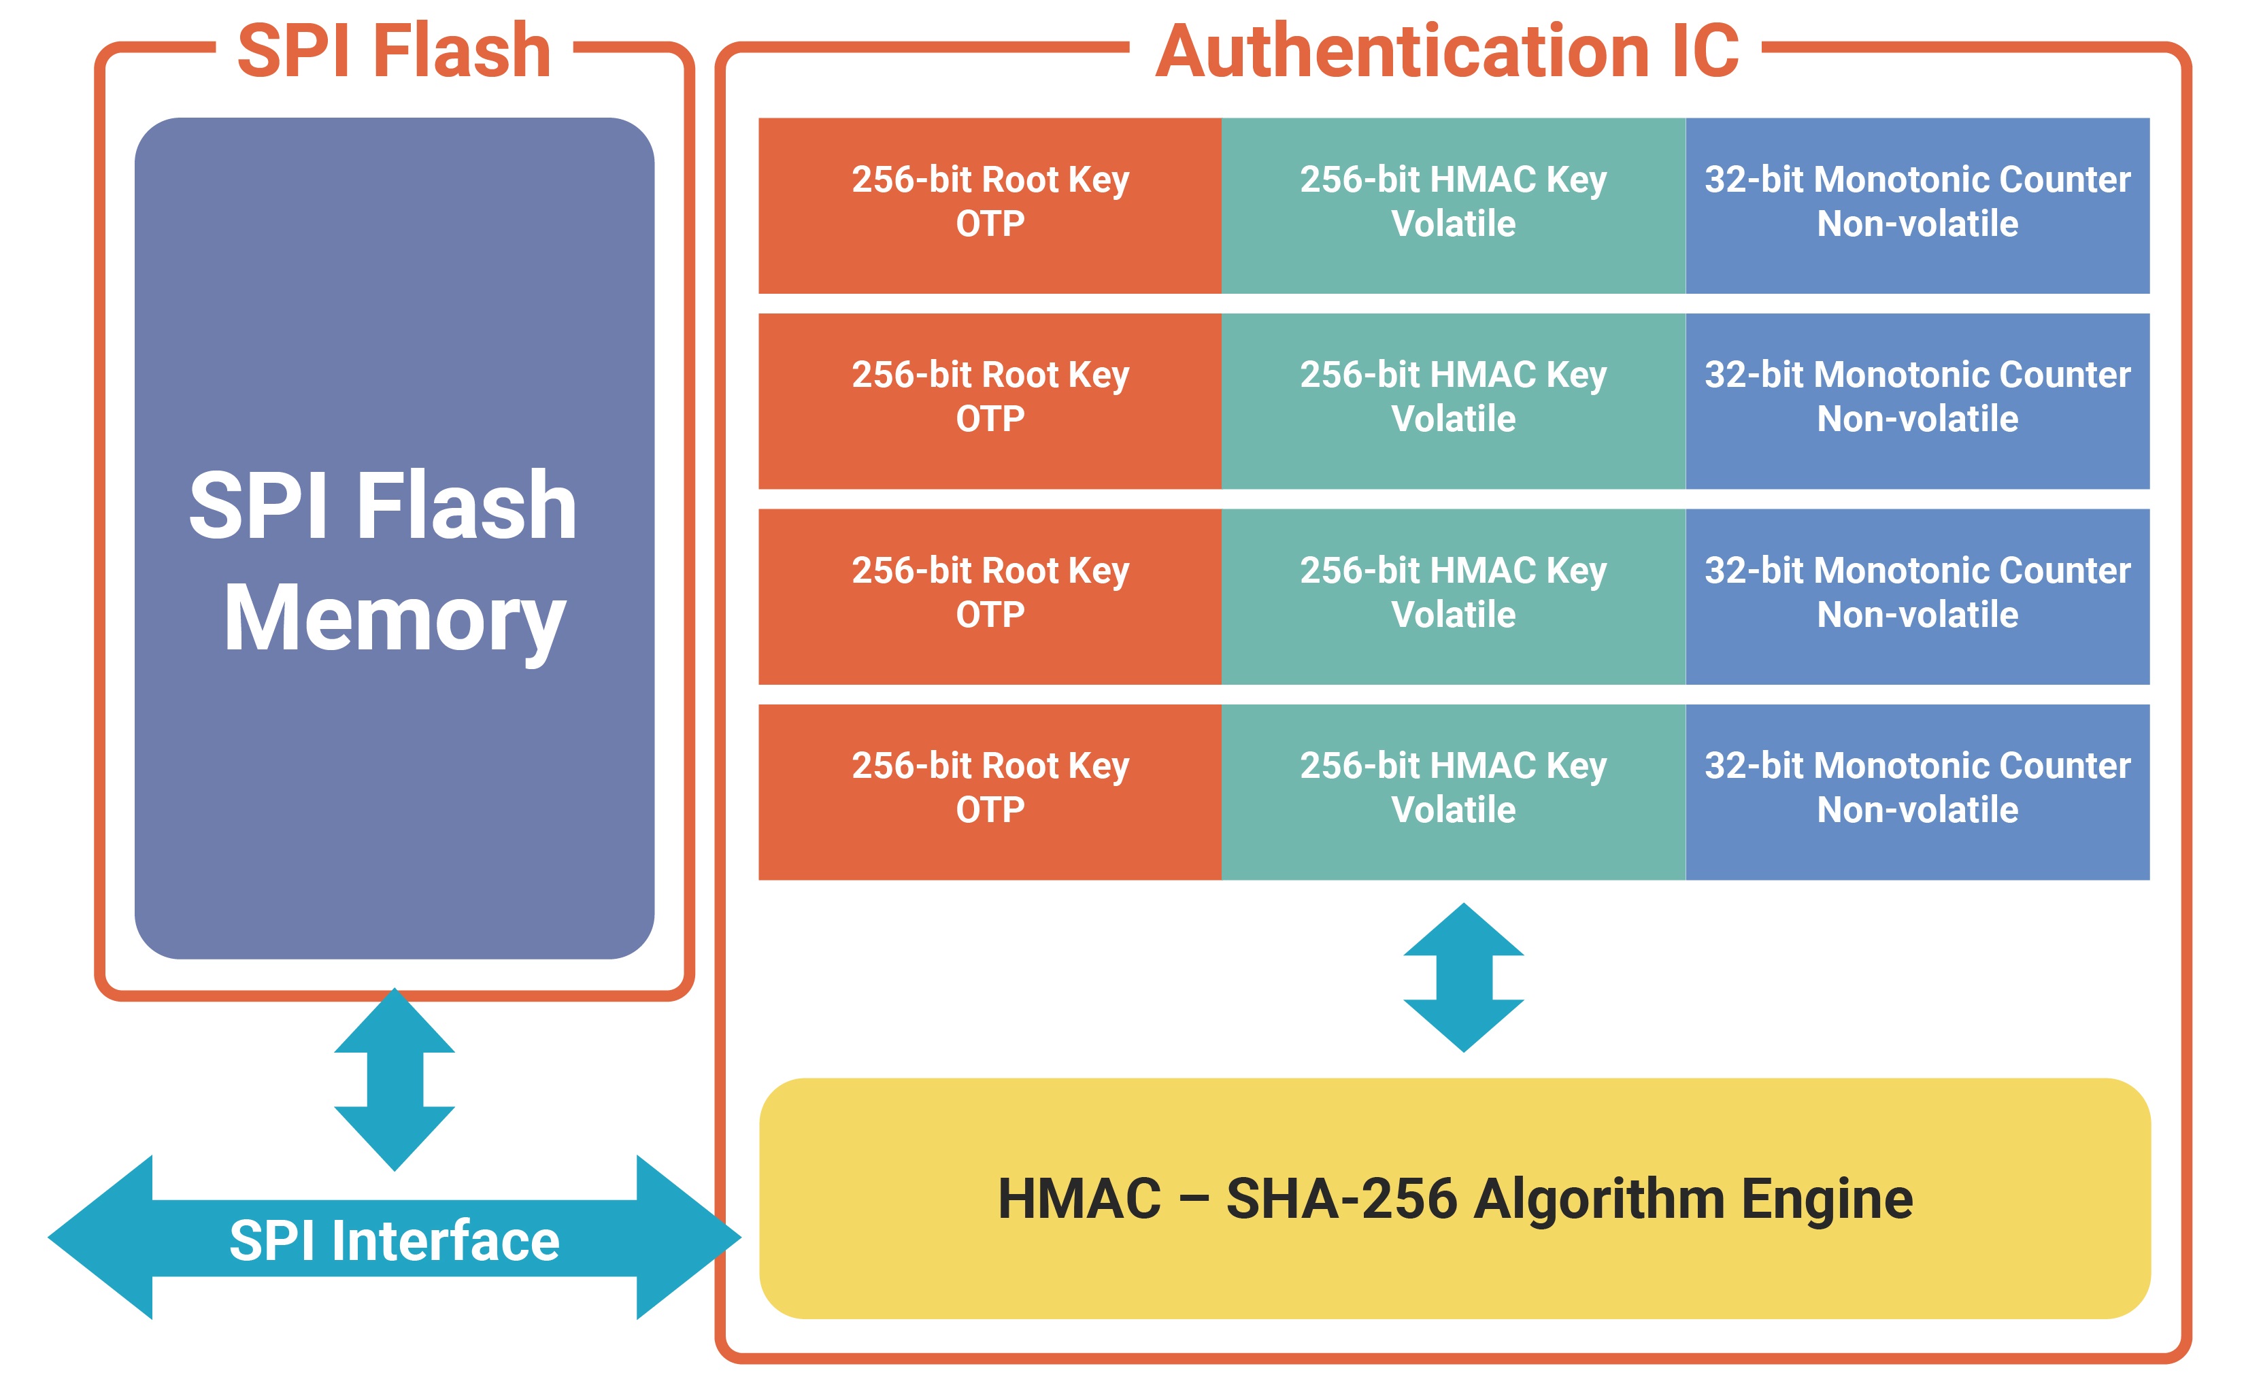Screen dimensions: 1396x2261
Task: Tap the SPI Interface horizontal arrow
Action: [395, 1239]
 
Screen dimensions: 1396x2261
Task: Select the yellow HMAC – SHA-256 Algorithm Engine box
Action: [1455, 1198]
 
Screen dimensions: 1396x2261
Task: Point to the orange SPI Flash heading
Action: [395, 51]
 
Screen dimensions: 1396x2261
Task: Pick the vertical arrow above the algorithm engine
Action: [1463, 977]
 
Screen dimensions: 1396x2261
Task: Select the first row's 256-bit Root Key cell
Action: [990, 205]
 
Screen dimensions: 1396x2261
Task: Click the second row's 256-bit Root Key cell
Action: [990, 401]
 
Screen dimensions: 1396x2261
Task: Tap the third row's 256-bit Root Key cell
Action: [990, 596]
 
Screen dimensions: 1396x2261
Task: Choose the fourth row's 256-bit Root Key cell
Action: [990, 792]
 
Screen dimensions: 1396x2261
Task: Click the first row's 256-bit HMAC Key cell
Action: [1454, 205]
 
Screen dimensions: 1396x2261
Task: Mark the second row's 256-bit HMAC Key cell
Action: [1454, 401]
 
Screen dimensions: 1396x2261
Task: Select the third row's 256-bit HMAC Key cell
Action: [1454, 596]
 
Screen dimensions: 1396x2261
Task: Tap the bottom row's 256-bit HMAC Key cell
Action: [1454, 792]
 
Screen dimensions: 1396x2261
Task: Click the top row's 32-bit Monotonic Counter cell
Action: [1917, 205]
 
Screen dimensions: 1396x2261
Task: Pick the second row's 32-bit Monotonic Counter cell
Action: [1917, 401]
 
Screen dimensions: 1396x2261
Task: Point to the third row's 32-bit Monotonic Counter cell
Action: [1917, 596]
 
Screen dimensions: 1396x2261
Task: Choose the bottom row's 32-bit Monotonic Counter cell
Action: [1917, 792]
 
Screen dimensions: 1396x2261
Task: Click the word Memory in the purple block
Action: [395, 619]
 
